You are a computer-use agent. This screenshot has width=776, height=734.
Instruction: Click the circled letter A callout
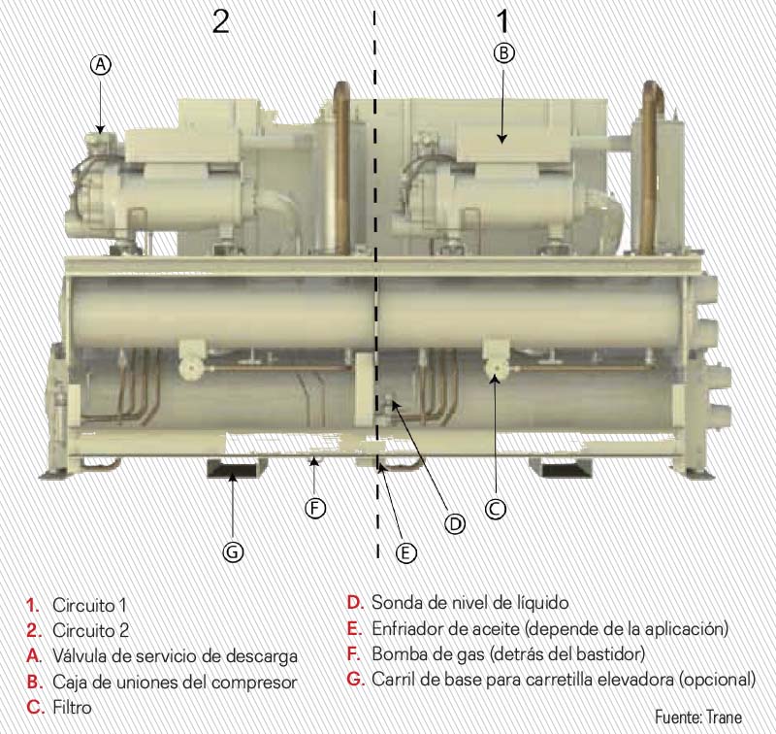101,65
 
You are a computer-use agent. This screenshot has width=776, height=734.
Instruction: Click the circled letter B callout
503,53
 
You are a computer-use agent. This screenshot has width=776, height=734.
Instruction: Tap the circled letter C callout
495,508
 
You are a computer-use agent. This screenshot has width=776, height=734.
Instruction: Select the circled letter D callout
454,523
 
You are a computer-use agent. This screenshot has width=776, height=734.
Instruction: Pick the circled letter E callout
405,552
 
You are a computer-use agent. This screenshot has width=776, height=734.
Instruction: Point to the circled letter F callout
315,508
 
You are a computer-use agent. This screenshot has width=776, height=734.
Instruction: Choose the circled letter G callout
233,551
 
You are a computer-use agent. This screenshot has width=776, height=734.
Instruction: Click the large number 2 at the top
221,21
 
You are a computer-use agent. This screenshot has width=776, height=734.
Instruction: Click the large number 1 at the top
502,21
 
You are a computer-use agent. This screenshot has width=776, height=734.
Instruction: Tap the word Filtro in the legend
72,707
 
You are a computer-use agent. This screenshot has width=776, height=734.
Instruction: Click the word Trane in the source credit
724,717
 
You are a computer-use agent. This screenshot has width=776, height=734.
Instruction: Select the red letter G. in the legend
356,679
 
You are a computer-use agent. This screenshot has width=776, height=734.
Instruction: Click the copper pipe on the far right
649,168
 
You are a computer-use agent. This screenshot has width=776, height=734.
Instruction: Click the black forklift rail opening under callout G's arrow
232,469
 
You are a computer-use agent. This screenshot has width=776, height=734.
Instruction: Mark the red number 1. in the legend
33,605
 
